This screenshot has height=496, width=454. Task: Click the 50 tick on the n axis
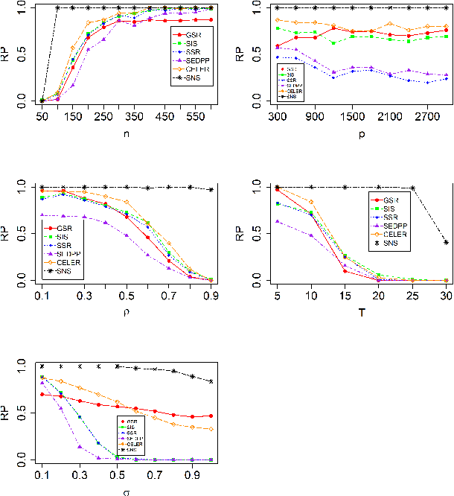[x=42, y=117]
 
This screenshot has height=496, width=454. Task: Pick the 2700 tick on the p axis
[x=426, y=117]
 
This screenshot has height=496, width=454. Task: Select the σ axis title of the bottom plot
[x=127, y=491]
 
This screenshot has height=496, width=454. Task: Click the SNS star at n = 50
[x=42, y=101]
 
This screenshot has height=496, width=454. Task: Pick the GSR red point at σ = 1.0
[x=212, y=416]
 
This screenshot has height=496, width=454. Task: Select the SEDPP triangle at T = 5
[x=278, y=221]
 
